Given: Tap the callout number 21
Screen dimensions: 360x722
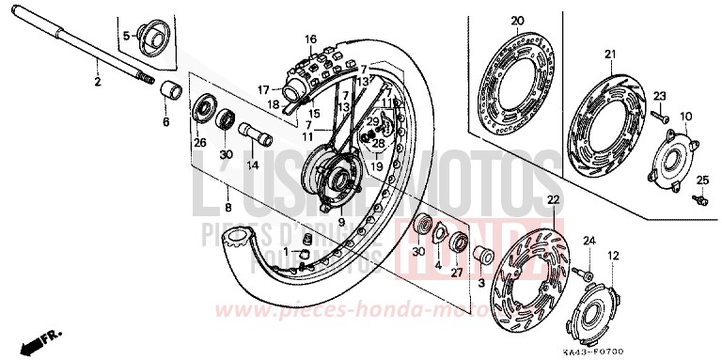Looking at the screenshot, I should point(609,53).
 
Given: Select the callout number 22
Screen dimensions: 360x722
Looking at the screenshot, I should point(553,200).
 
